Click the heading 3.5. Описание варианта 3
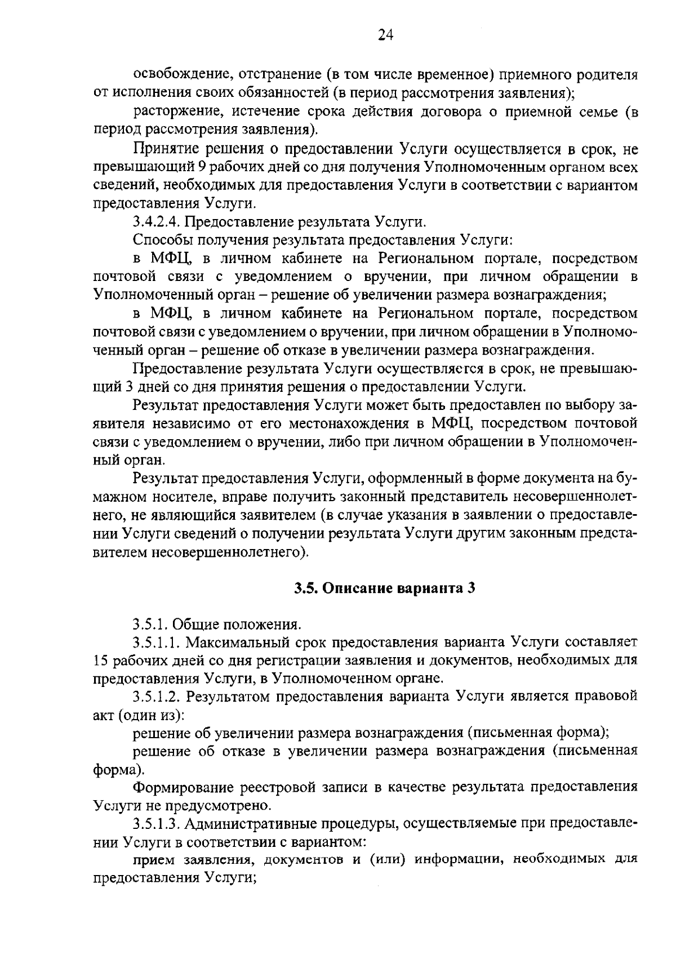(385, 588)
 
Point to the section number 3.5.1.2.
(157, 697)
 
